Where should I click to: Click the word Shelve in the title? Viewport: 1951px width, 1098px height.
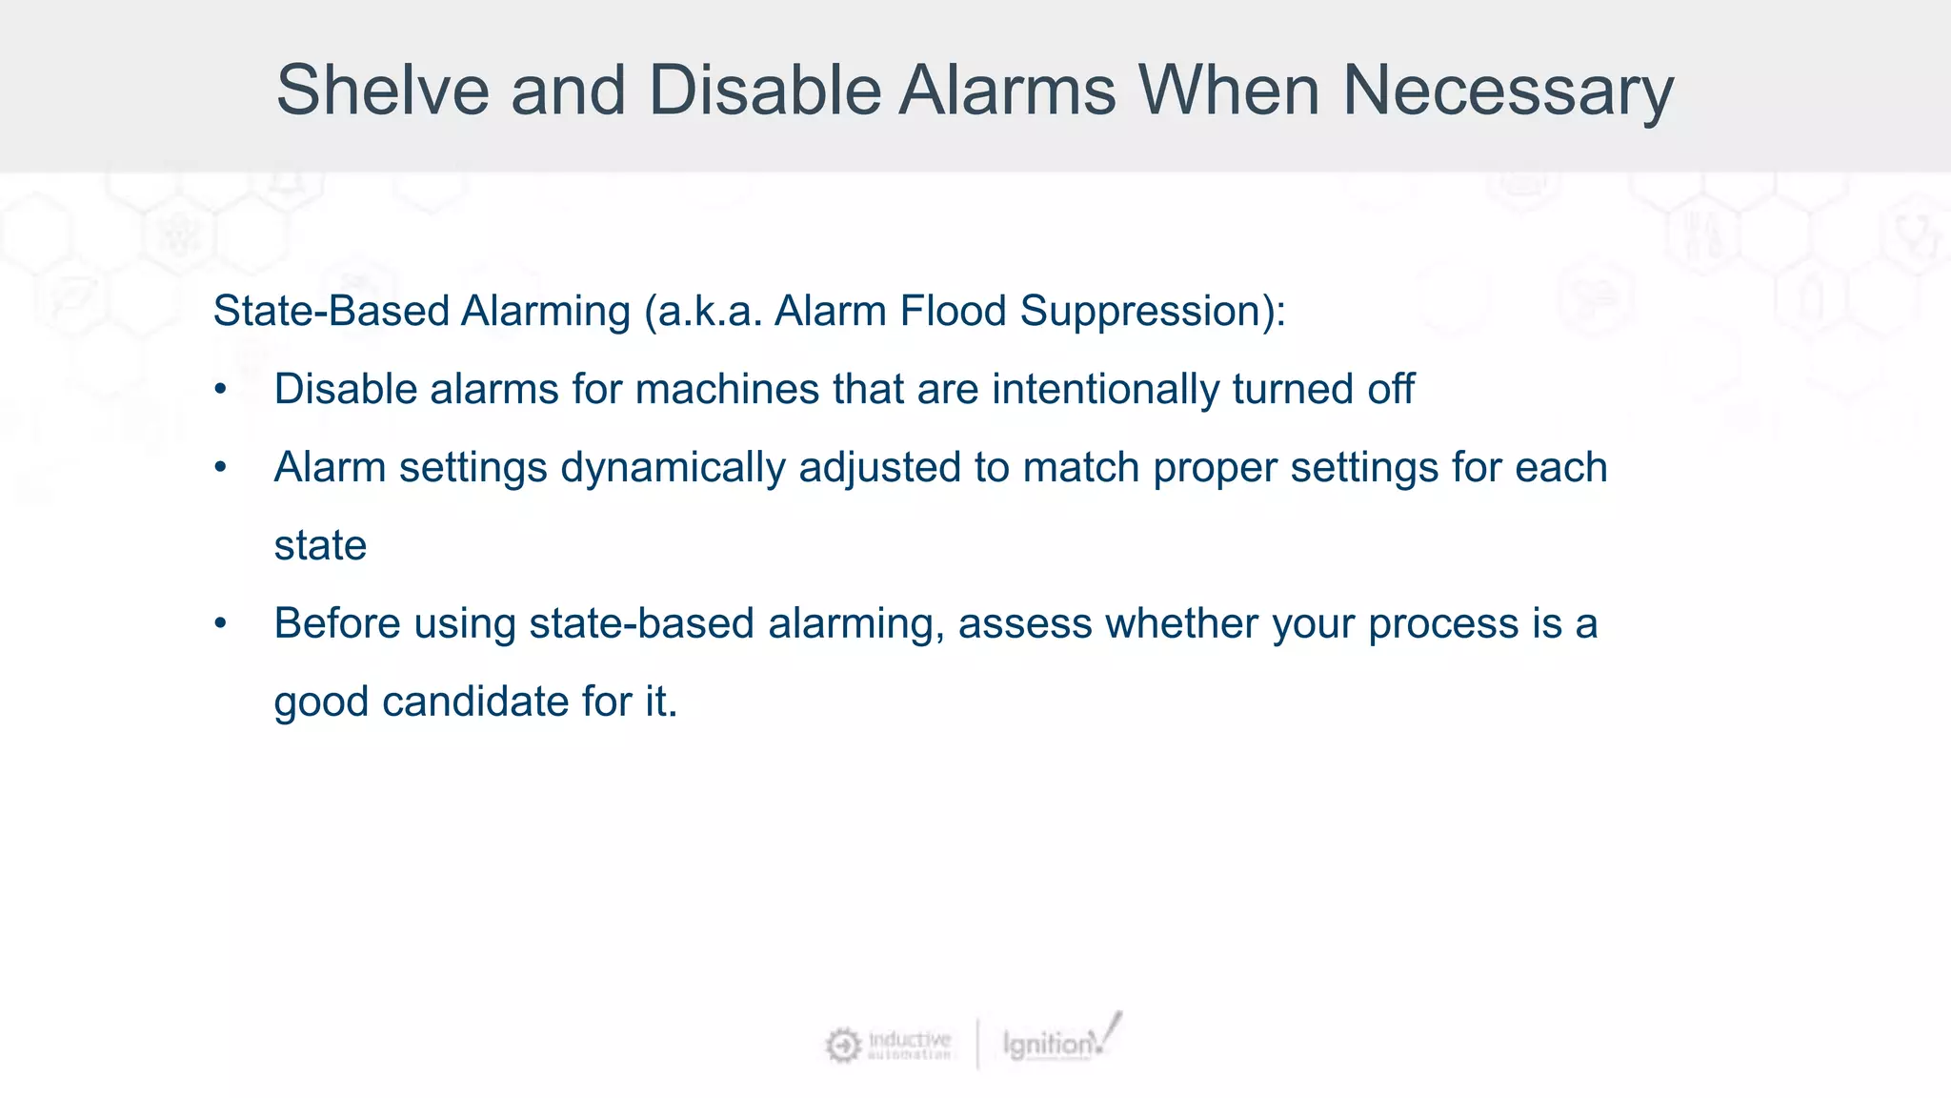pos(383,91)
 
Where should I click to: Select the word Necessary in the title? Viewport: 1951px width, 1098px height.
pos(1507,91)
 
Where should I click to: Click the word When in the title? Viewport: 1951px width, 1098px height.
pos(1229,91)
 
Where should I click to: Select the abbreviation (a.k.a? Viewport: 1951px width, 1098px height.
pos(704,311)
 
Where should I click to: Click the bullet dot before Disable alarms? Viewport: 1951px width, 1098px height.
pos(221,390)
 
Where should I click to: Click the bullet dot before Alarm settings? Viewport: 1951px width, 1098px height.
pos(221,468)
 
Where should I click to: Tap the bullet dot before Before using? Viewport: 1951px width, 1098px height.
pos(221,624)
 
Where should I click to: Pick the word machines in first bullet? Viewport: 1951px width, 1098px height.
pos(727,389)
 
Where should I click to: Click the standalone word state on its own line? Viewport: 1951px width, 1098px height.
pos(320,546)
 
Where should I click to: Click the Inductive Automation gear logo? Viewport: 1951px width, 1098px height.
pos(842,1045)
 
